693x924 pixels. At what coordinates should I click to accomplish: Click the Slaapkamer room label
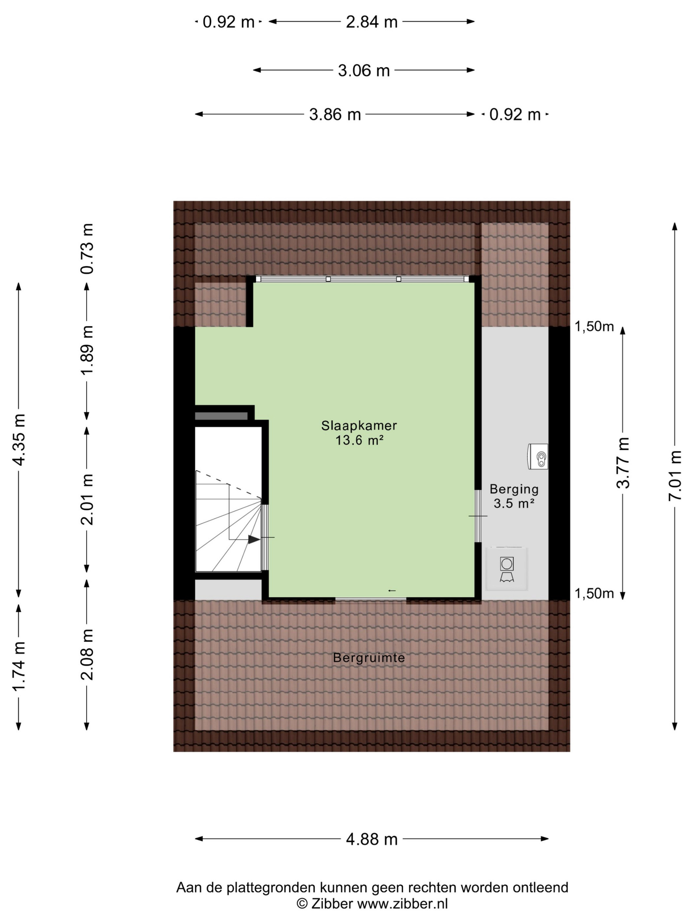coord(359,426)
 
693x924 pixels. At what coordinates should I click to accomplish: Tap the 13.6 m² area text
coord(359,440)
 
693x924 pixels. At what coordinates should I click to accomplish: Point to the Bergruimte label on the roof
coord(369,658)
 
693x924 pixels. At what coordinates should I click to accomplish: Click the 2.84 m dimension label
coord(371,22)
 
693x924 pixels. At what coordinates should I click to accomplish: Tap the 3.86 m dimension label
coord(335,115)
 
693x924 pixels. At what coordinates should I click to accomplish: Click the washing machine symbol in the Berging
coord(507,569)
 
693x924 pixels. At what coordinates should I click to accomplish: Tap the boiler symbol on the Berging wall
coord(538,457)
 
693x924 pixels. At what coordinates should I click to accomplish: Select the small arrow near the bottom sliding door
coord(391,590)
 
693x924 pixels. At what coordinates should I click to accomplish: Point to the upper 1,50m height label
coord(594,327)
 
